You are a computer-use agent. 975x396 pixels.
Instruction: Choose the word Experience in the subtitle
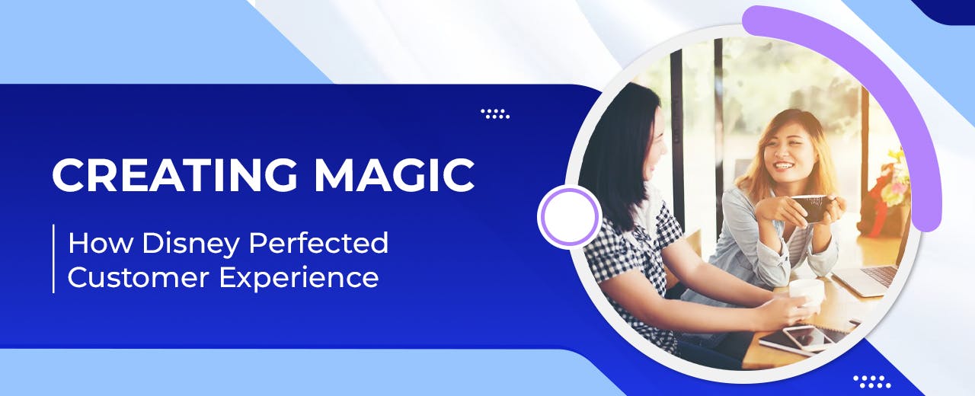(x=299, y=277)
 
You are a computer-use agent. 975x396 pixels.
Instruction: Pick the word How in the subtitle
(x=95, y=244)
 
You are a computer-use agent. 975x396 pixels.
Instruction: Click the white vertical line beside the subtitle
(x=53, y=259)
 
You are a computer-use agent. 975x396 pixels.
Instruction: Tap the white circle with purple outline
(x=570, y=216)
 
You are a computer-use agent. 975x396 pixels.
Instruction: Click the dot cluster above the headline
(x=495, y=114)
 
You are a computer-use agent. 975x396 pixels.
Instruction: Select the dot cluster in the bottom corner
(x=871, y=381)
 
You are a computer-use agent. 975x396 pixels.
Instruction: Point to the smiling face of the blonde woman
(x=785, y=156)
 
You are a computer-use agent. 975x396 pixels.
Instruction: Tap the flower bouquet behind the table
(x=891, y=187)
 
